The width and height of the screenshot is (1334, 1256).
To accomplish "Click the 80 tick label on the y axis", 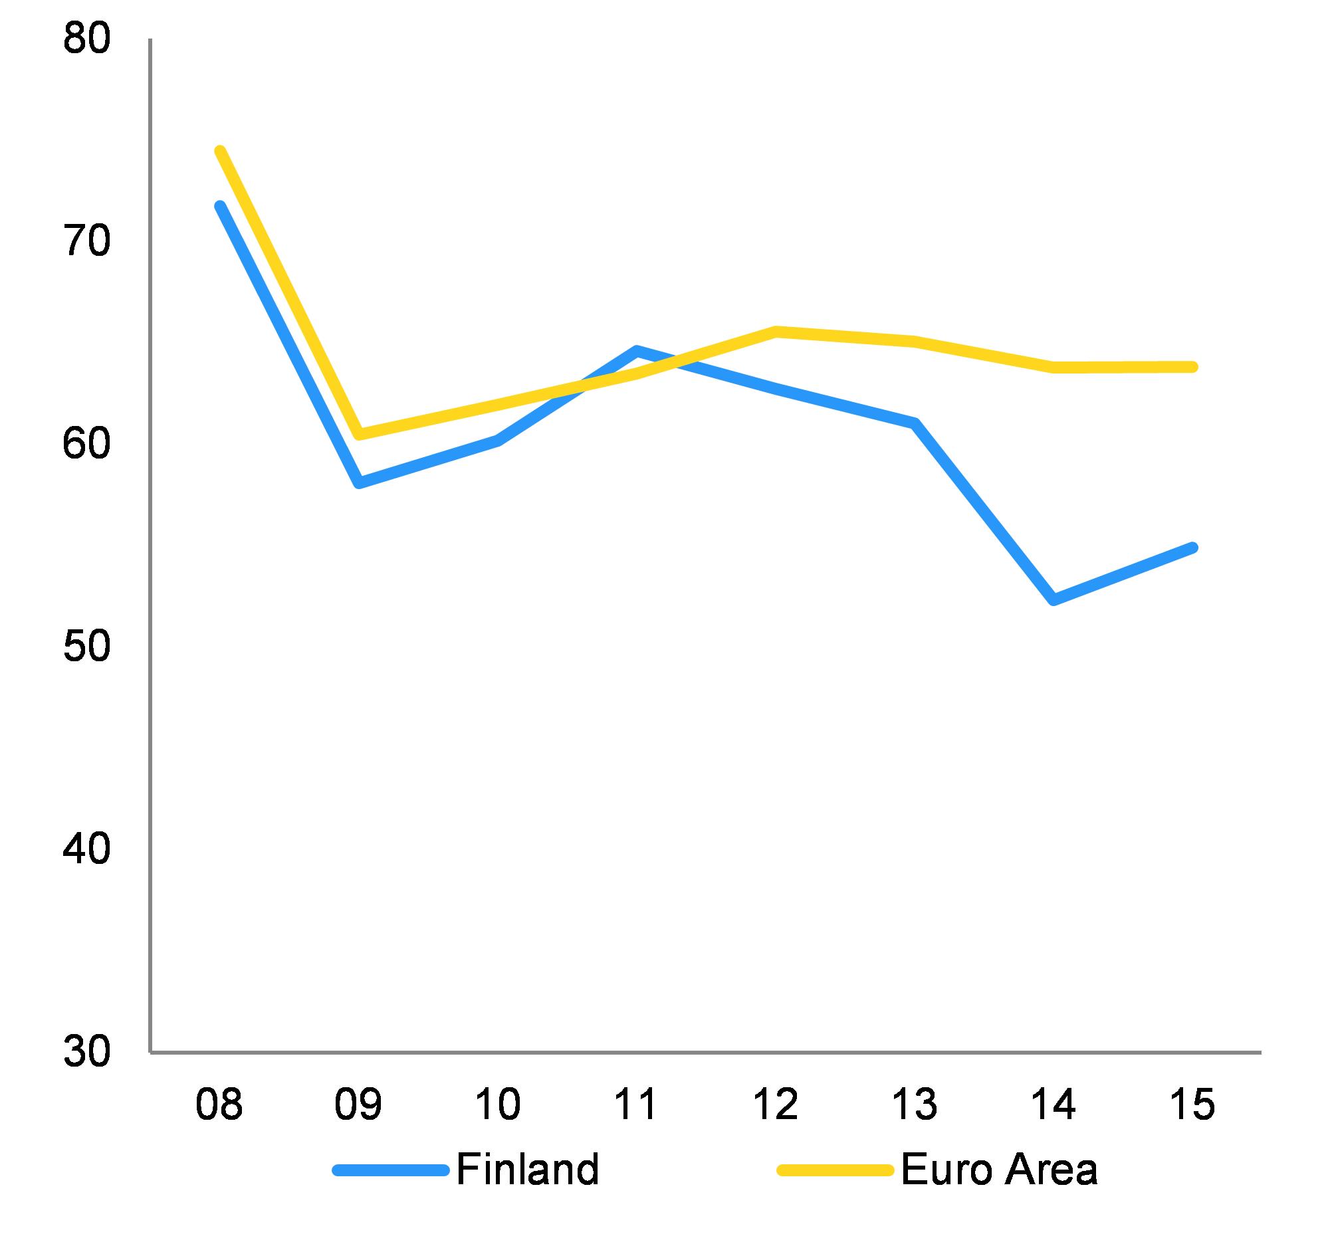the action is [86, 40].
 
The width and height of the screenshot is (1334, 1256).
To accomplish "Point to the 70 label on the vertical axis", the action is [86, 241].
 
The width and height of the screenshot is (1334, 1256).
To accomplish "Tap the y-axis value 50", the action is [86, 646].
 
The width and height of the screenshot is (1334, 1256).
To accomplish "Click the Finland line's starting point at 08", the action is [219, 206].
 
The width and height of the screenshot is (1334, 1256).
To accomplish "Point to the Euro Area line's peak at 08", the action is [219, 151].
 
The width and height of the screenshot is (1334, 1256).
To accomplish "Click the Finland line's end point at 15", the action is [1192, 548].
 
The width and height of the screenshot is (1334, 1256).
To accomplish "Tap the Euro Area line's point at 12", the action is [776, 332].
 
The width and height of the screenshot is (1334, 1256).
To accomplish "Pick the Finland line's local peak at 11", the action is [637, 350].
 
